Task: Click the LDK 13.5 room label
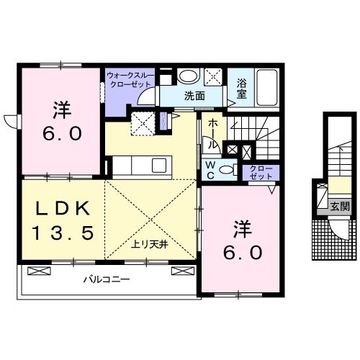pos(63,221)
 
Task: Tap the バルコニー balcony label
pos(107,279)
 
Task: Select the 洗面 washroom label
pos(194,96)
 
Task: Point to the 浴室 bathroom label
pos(242,89)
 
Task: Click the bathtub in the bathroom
pos(267,88)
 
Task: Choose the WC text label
pos(210,170)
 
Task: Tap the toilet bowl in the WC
pos(227,170)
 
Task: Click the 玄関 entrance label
pos(340,207)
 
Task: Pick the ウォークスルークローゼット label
pos(130,80)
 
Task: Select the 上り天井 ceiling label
pos(149,245)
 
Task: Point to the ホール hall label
pos(212,135)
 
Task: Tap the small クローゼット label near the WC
pos(261,173)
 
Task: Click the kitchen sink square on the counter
pos(159,165)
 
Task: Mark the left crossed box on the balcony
pos(40,271)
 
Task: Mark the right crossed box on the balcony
pos(182,271)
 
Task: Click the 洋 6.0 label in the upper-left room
pos(62,121)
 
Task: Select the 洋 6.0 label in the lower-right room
pos(243,240)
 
